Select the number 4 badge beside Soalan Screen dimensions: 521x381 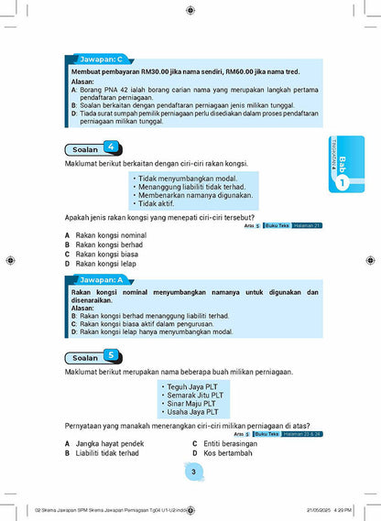(x=111, y=147)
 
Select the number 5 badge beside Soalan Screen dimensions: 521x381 (x=111, y=355)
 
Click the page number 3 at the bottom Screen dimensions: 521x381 (x=192, y=471)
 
